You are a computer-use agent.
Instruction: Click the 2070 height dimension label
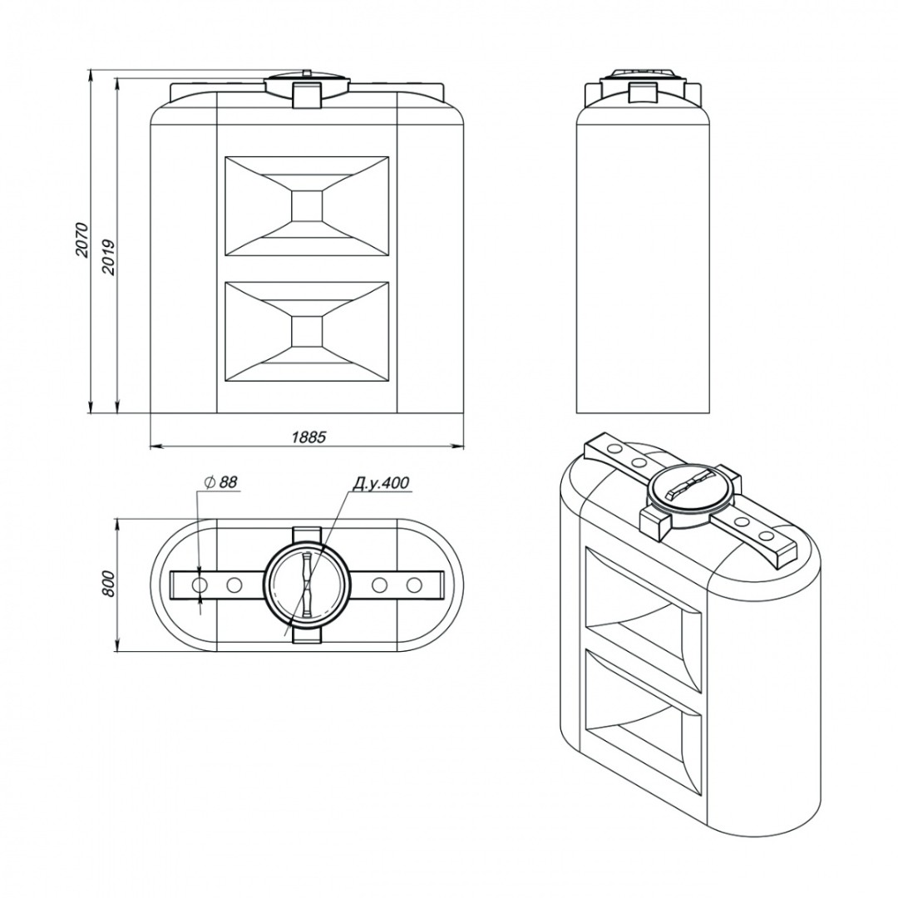81,239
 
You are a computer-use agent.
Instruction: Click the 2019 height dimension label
108,257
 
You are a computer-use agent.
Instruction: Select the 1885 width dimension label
308,437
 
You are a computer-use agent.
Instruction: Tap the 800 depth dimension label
110,585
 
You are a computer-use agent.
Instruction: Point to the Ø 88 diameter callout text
220,482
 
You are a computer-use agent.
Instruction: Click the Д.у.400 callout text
380,483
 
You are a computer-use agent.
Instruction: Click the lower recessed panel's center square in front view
307,331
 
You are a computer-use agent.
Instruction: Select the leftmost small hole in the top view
201,585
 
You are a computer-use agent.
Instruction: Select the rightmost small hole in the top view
414,585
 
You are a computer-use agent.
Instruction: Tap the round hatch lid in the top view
307,585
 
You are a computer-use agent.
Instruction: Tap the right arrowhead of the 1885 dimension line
458,445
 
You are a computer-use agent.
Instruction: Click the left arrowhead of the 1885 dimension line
155,445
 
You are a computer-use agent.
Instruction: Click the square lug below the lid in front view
307,95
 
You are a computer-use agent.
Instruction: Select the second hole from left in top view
234,585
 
